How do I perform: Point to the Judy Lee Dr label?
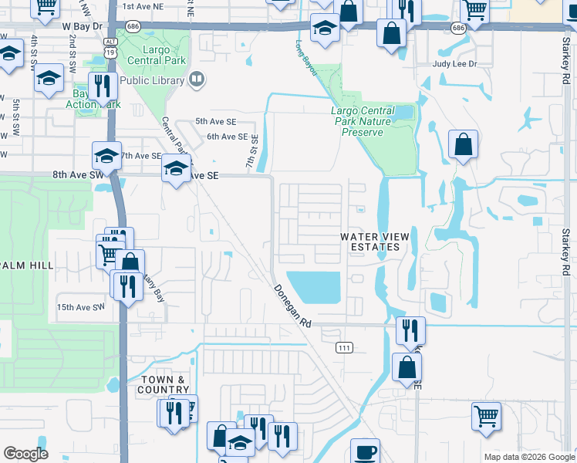pos(455,65)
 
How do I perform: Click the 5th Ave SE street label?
pos(215,122)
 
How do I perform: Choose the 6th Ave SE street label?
pos(227,137)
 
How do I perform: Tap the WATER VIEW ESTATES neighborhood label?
pos(371,242)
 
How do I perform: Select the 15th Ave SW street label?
pos(80,307)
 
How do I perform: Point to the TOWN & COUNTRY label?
pos(164,384)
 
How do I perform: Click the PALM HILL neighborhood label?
pos(27,265)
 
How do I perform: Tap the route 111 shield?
pos(344,349)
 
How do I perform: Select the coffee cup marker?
pos(365,451)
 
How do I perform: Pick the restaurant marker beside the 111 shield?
pos(410,330)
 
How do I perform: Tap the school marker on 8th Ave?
pos(177,168)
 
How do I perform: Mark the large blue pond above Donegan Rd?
pos(312,287)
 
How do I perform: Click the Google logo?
pos(25,454)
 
